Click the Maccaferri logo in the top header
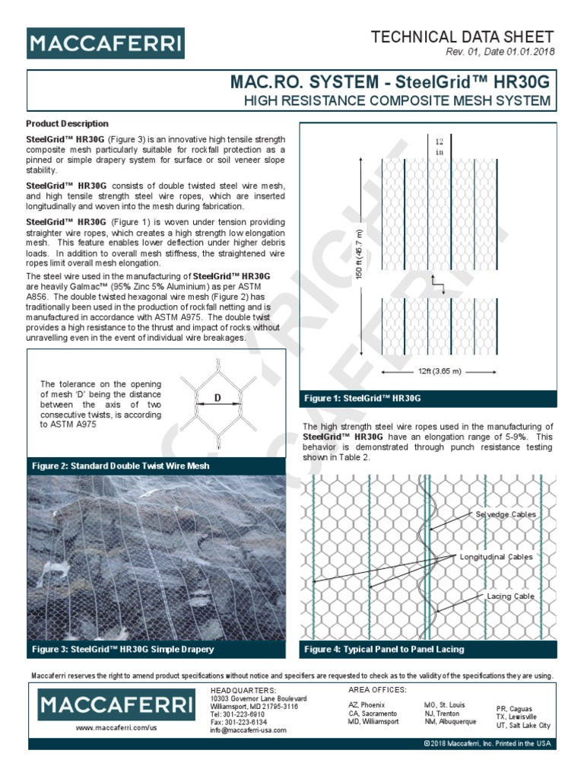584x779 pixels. click(x=105, y=43)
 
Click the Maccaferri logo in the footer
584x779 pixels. click(x=116, y=704)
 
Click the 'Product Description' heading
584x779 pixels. click(x=68, y=124)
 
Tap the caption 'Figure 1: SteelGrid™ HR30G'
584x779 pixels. click(x=363, y=399)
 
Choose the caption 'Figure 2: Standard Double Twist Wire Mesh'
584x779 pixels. click(x=121, y=466)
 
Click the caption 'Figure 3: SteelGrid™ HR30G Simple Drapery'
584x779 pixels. click(x=123, y=650)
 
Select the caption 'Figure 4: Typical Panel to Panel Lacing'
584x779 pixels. click(x=384, y=650)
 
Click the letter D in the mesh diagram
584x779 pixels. click(x=217, y=397)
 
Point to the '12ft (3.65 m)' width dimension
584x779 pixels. click(x=440, y=372)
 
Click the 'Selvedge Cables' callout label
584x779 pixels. click(x=506, y=515)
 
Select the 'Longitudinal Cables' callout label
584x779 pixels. click(x=496, y=558)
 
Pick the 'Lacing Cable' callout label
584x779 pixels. click(x=510, y=596)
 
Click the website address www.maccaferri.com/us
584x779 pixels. click(x=116, y=728)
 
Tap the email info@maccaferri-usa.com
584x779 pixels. click(x=248, y=730)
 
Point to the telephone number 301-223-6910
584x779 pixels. click(x=237, y=714)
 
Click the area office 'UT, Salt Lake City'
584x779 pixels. click(x=524, y=726)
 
